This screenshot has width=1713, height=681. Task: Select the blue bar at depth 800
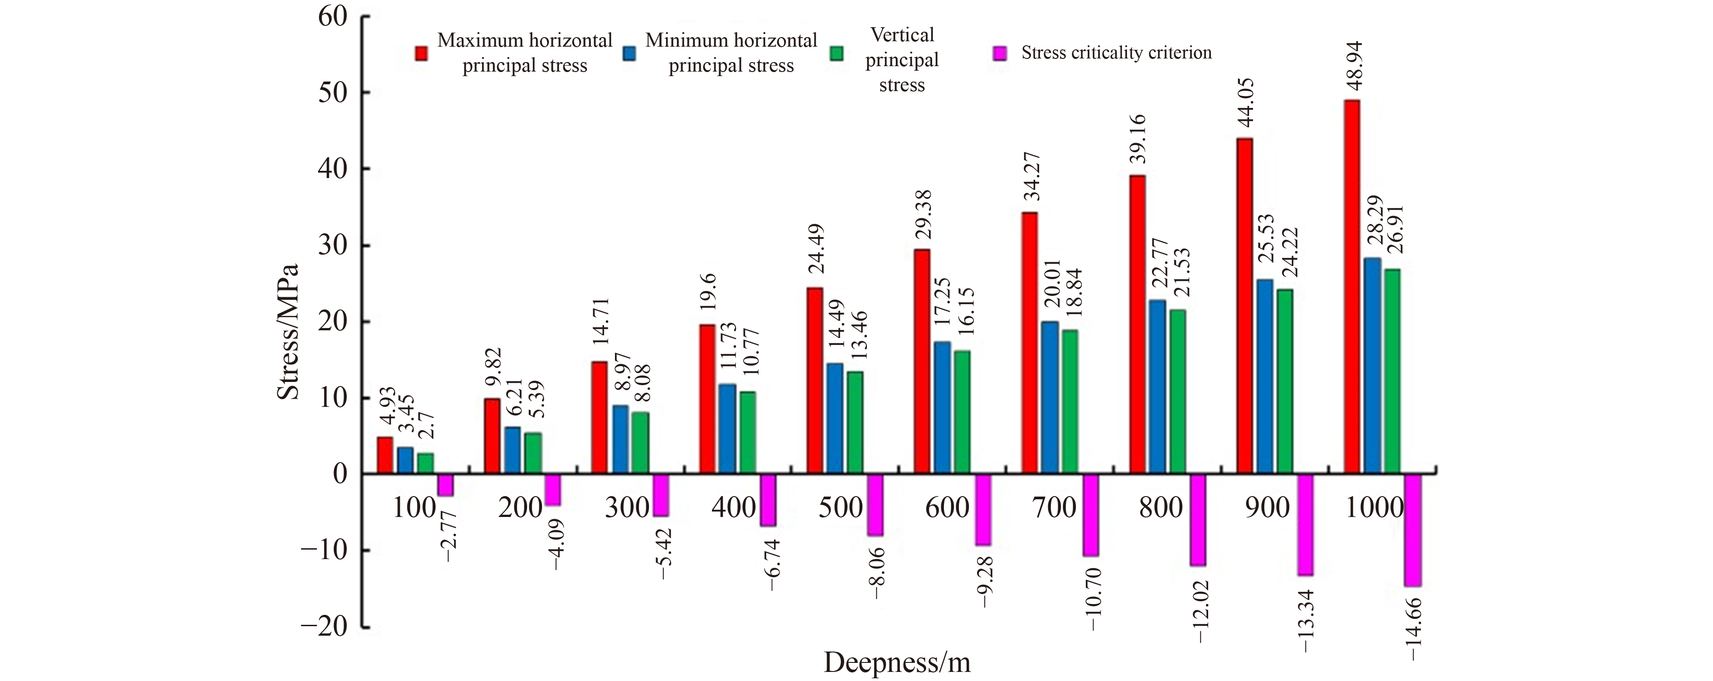1157,387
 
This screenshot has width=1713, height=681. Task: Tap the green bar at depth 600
962,412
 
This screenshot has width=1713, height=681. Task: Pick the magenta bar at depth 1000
1413,530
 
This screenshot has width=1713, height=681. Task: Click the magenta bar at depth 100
445,485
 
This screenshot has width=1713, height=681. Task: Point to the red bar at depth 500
815,381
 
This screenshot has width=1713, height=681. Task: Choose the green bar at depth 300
640,443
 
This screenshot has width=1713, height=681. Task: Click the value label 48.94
1353,67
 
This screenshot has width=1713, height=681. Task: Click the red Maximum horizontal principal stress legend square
421,53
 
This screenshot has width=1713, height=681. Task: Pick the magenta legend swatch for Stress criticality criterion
999,53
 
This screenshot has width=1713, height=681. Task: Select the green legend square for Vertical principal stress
837,53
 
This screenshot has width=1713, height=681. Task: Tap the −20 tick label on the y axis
324,627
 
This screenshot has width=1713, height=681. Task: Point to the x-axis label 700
1054,508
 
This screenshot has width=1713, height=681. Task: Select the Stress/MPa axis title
288,331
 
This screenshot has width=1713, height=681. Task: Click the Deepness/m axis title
897,662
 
